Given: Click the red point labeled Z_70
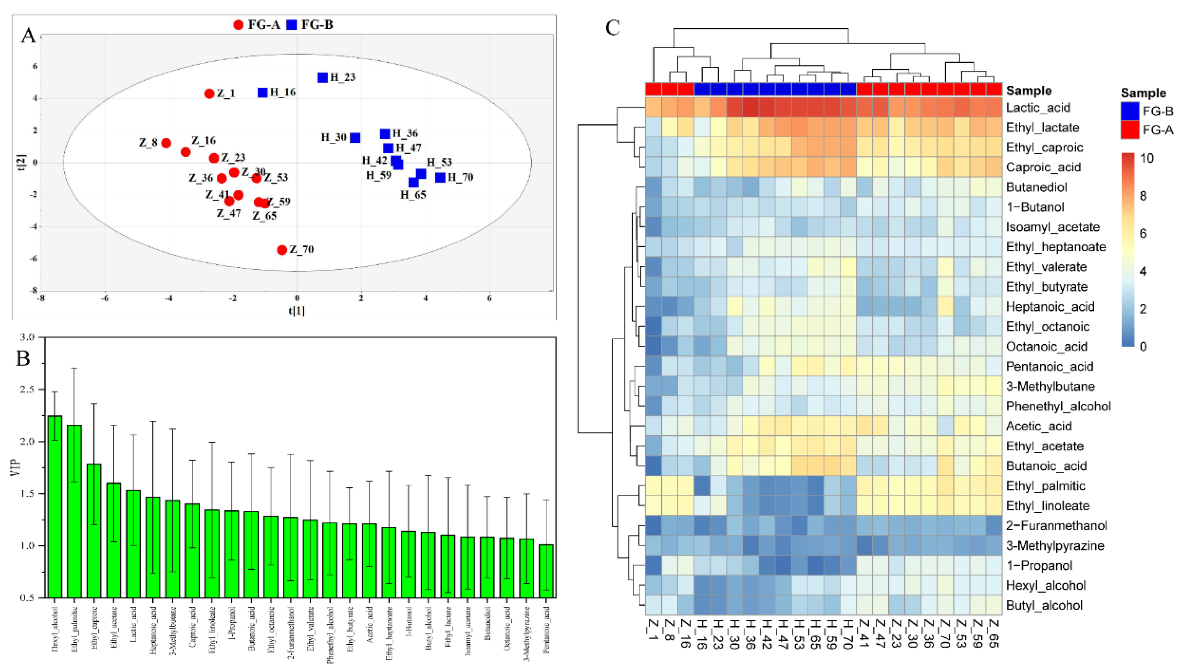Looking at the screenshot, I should point(282,250).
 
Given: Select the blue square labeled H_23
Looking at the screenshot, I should point(322,78).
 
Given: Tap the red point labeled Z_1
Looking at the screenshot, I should point(209,94).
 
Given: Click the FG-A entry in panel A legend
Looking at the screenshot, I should point(257,24).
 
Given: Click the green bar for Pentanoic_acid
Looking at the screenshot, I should point(546,571).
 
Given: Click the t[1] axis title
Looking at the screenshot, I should point(296,311).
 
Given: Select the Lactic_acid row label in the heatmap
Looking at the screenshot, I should point(1037,108).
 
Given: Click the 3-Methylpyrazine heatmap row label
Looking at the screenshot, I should point(1054,546).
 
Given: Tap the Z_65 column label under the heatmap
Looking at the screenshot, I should point(993,634).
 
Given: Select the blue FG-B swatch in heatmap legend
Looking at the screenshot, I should point(1130,111).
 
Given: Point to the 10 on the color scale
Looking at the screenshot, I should point(1147,158).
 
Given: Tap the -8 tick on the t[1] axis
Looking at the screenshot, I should point(41,298).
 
